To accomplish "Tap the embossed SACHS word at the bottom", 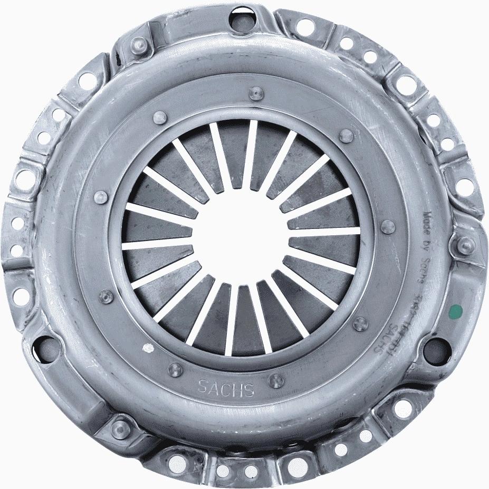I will pyautogui.click(x=226, y=388).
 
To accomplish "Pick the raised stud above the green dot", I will pyautogui.click(x=465, y=244).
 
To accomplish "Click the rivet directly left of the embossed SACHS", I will pyautogui.click(x=175, y=369).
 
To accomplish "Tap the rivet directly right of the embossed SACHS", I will pyautogui.click(x=276, y=380).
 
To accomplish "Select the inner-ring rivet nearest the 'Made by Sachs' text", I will pyautogui.click(x=388, y=227).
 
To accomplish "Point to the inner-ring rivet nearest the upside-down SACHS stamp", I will pyautogui.click(x=360, y=323).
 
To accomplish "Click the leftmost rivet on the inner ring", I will pyautogui.click(x=100, y=198).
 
